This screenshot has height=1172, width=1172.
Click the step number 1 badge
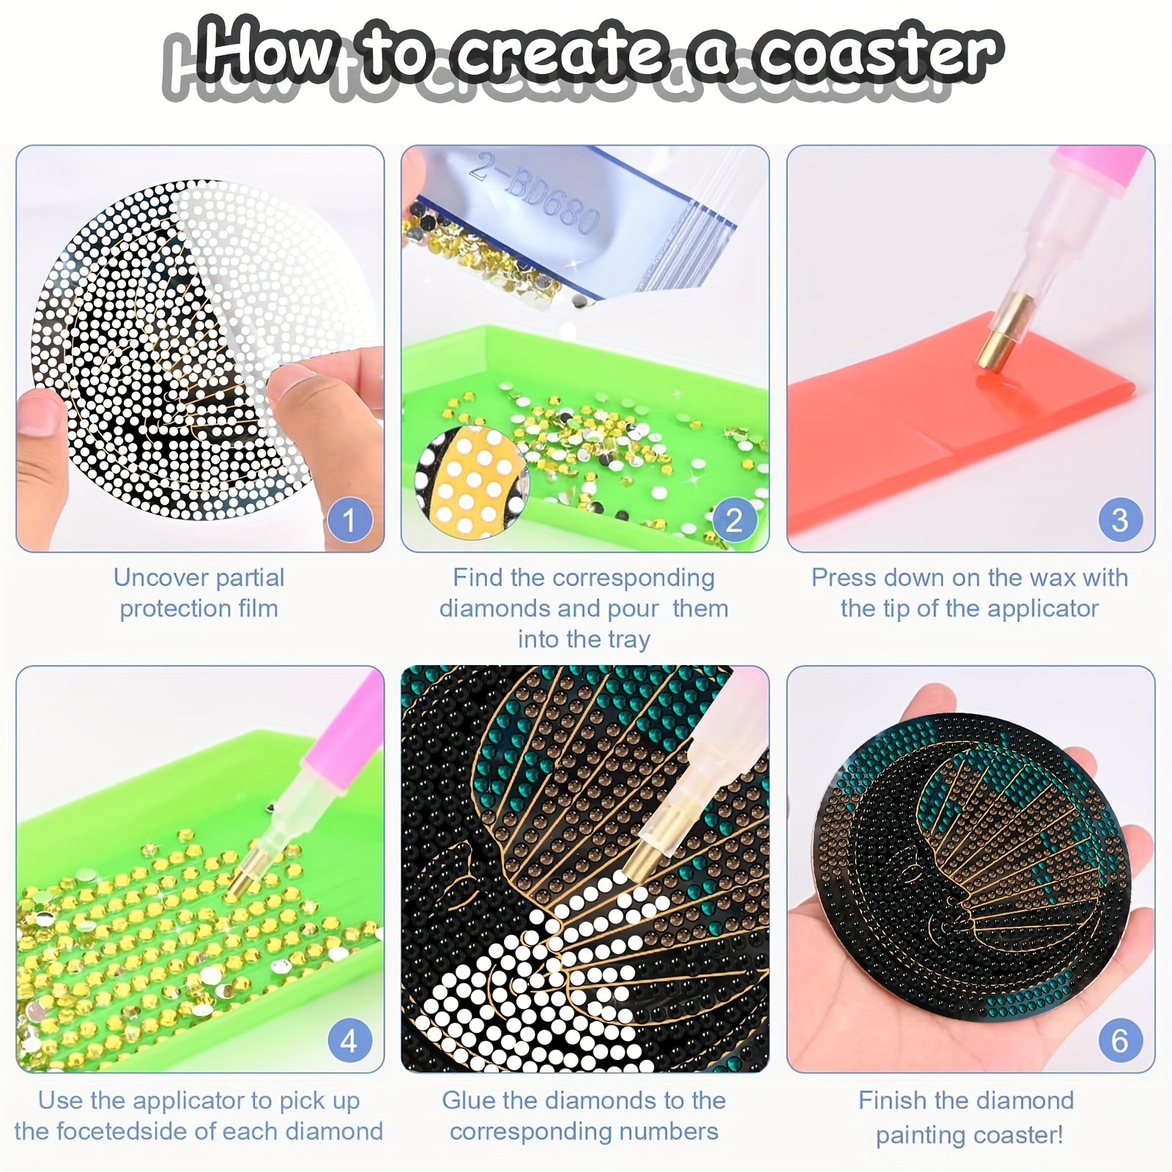pyautogui.click(x=349, y=520)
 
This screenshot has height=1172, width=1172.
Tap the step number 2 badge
pyautogui.click(x=734, y=520)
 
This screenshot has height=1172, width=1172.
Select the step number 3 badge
pyautogui.click(x=1120, y=520)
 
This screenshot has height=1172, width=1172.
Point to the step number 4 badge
pyautogui.click(x=349, y=1041)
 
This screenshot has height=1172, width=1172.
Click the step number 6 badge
pyautogui.click(x=1120, y=1041)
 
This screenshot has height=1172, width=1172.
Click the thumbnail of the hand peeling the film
pyautogui.click(x=200, y=349)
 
